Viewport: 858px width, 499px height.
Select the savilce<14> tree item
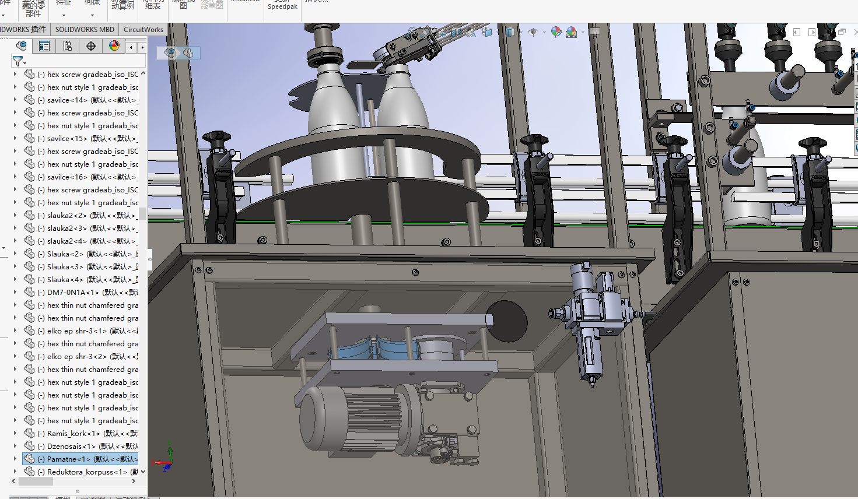(x=87, y=100)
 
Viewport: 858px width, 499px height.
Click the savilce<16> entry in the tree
(x=87, y=177)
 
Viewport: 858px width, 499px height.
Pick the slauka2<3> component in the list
(x=87, y=229)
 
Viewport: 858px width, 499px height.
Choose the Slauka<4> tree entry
(x=87, y=280)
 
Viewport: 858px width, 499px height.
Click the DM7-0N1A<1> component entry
(x=87, y=293)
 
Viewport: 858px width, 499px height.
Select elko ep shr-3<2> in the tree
(x=87, y=357)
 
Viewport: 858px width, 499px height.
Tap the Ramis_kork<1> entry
(x=87, y=434)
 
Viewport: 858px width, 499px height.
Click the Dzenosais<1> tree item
(x=87, y=447)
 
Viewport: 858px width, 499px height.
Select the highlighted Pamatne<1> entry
(x=87, y=459)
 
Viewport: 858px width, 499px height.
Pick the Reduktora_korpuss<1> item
(x=87, y=472)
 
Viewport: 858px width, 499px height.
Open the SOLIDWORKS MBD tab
(x=85, y=30)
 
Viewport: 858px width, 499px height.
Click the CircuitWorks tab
(x=143, y=30)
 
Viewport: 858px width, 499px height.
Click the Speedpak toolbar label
(x=282, y=7)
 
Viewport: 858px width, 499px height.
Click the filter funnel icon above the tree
(x=18, y=61)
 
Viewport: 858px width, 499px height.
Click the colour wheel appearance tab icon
(x=114, y=46)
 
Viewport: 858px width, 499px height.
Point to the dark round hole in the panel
(x=506, y=321)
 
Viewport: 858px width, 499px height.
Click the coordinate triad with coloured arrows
(x=165, y=459)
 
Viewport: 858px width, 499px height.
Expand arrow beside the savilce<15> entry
(x=15, y=139)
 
